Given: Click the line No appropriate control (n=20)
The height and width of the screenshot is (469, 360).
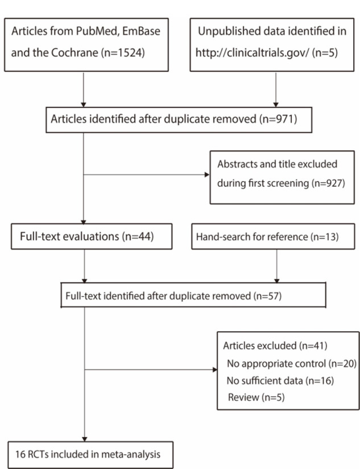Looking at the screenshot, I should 290,364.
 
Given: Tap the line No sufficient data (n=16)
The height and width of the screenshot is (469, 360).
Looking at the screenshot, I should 280,380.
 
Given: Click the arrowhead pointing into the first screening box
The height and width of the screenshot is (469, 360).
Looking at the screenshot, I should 207,175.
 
